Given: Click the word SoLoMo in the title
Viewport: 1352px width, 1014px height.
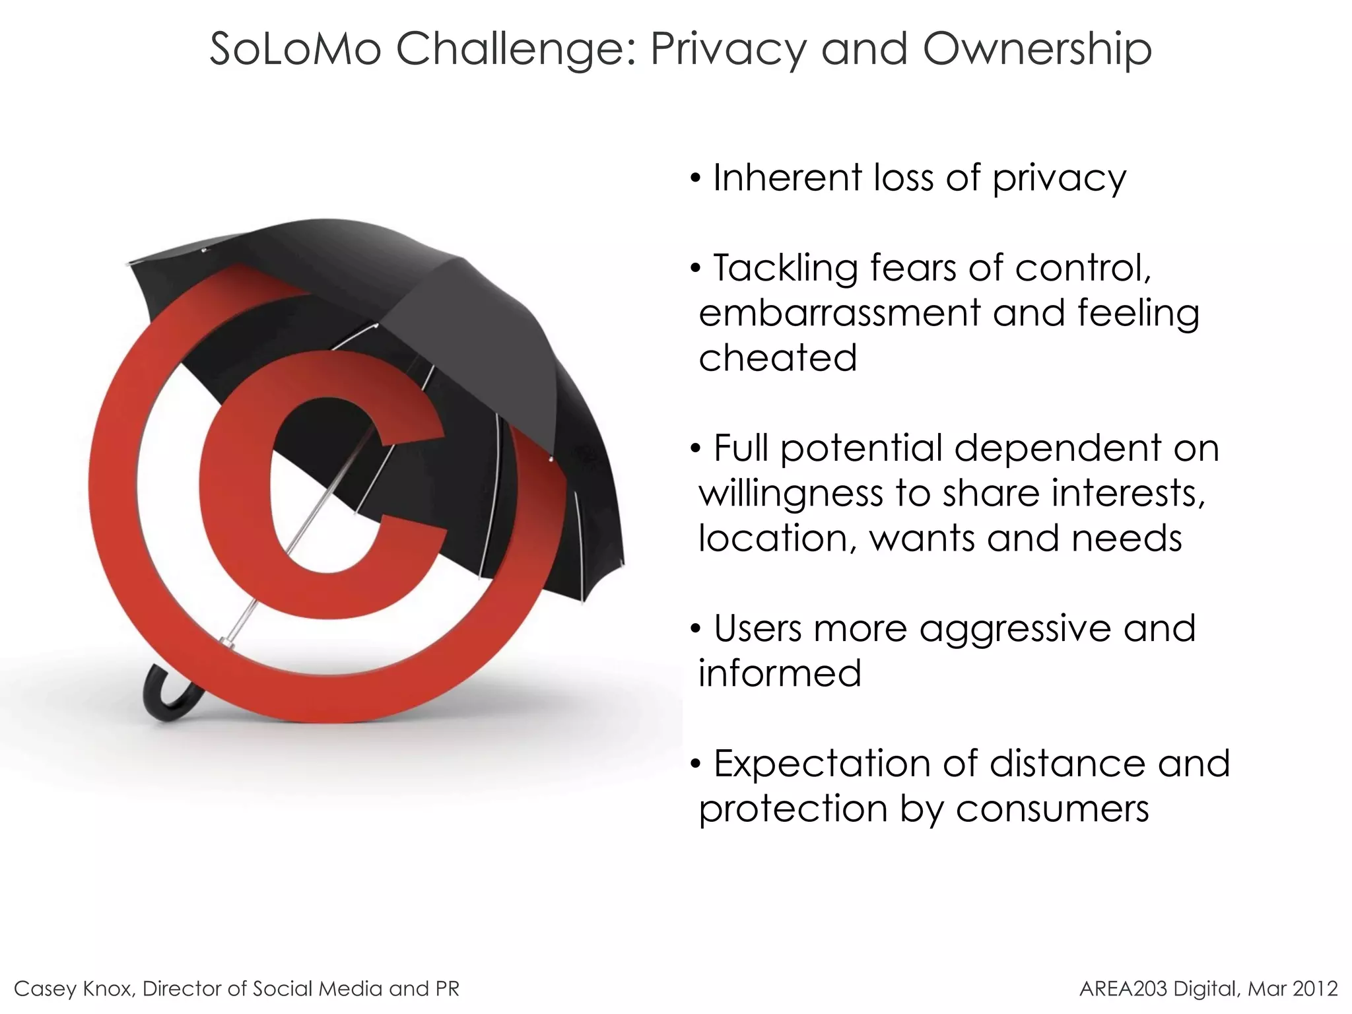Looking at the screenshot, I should (295, 49).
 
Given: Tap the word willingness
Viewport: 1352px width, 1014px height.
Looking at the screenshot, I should (790, 494).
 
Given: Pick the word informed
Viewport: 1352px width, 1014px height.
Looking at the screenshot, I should (780, 673).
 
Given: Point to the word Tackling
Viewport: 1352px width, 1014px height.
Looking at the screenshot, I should (785, 268).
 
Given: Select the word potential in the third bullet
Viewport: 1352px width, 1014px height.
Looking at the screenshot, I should (861, 449).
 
